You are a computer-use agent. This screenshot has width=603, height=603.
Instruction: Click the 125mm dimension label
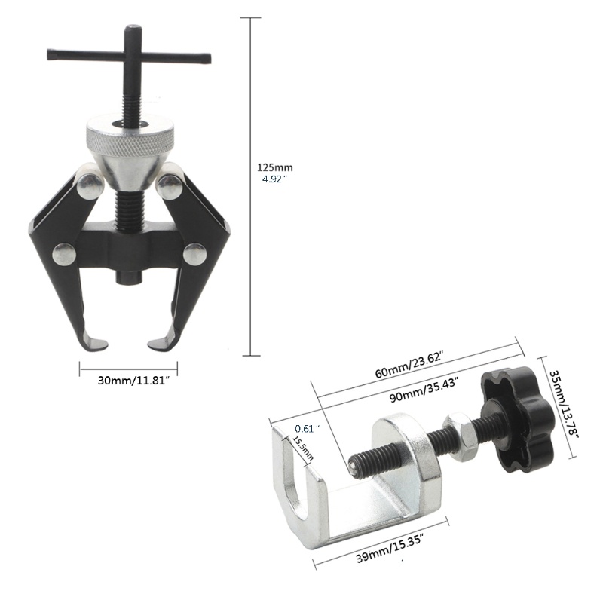tap(274, 167)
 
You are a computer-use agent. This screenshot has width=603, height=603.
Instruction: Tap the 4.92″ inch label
tap(274, 179)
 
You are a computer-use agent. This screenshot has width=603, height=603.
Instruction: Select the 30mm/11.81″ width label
tap(134, 381)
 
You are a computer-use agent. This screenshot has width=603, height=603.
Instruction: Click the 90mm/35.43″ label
tap(424, 389)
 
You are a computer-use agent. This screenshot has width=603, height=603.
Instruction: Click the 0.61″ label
tap(308, 428)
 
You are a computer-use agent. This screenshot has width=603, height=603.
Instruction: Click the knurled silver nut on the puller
tap(130, 136)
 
